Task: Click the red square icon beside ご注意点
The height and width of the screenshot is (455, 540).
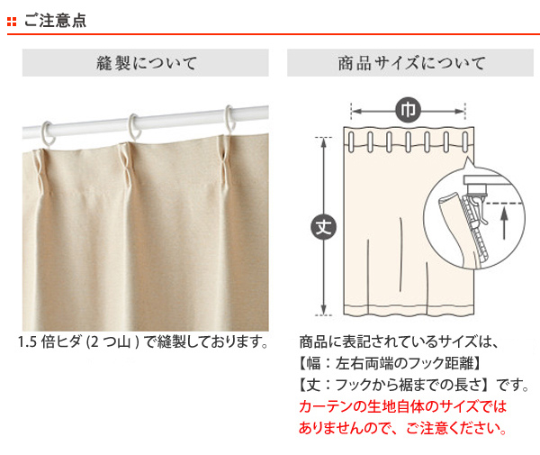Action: click(12, 22)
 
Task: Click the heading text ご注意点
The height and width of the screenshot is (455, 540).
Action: click(55, 21)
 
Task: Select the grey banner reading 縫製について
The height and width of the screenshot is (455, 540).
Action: click(145, 63)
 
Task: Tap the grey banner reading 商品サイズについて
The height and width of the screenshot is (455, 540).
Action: click(410, 63)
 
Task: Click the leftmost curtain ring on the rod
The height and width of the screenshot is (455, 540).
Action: click(49, 134)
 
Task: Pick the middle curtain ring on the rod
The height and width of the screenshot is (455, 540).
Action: click(135, 127)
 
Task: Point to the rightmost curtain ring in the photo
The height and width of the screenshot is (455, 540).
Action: click(230, 119)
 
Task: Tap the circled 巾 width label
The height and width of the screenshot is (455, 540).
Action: click(408, 110)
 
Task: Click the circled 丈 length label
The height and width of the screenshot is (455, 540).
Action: click(324, 226)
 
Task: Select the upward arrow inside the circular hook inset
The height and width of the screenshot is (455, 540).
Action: click(504, 223)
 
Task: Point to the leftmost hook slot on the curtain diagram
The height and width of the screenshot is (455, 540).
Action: click(351, 141)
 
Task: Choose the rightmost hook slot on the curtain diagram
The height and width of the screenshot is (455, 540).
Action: click(465, 141)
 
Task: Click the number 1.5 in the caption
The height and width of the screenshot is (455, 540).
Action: click(27, 342)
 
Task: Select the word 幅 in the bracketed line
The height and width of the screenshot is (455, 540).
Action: click(313, 363)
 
